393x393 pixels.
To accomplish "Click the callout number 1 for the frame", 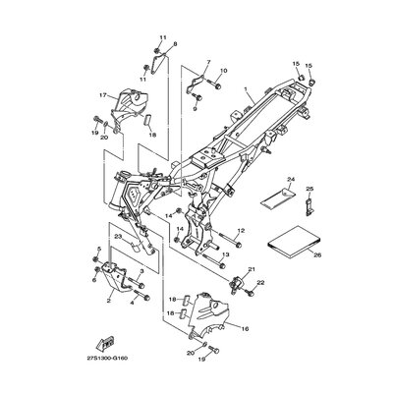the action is click(x=247, y=89).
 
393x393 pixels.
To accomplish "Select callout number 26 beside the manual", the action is click(x=317, y=254).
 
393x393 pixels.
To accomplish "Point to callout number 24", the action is click(x=291, y=179).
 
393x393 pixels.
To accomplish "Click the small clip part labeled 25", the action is click(x=309, y=205).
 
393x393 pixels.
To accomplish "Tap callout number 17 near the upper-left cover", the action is click(x=103, y=95).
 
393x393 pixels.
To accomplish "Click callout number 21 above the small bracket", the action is click(x=252, y=269).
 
